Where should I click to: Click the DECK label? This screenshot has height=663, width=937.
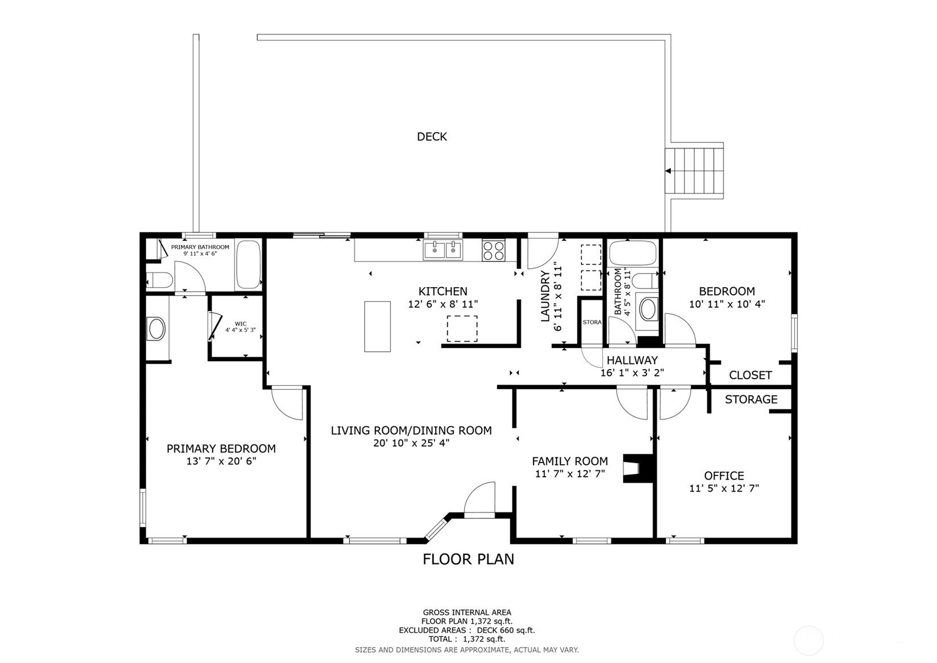tap(432, 137)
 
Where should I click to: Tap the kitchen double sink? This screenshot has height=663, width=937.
tap(443, 250)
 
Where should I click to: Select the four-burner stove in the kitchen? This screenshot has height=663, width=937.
tap(493, 250)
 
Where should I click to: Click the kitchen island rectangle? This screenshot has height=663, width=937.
tap(377, 326)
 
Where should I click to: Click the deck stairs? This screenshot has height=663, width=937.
tap(695, 170)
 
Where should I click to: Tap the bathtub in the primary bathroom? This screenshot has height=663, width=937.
tap(248, 264)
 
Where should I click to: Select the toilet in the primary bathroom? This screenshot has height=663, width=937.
tap(159, 280)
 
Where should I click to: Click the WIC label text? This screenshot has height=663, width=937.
tap(241, 324)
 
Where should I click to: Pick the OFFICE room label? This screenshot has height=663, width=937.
tap(724, 476)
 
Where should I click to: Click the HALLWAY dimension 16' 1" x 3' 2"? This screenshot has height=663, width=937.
tap(632, 373)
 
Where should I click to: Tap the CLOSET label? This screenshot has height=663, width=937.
tap(750, 375)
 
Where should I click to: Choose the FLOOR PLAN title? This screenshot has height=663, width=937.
tap(468, 559)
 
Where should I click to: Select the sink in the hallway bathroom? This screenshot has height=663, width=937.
tap(647, 309)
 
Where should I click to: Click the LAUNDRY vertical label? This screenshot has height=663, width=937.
tap(545, 296)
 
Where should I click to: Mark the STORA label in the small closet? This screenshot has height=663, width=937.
tap(592, 322)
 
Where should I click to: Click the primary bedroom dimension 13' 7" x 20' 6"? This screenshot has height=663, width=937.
tap(221, 461)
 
